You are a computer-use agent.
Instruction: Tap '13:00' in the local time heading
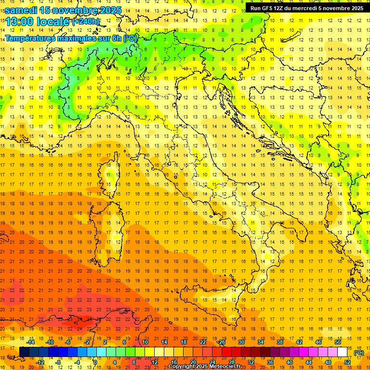(x=19, y=21)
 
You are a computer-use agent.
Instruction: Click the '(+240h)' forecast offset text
(x=86, y=21)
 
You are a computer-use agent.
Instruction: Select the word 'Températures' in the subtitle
(x=30, y=38)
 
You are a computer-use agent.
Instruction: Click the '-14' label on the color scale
(x=30, y=342)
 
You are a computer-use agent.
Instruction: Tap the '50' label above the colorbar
(x=338, y=342)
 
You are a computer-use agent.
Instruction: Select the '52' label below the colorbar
(x=347, y=362)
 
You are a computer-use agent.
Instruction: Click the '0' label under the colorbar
(x=95, y=362)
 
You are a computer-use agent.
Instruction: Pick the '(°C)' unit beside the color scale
(x=358, y=352)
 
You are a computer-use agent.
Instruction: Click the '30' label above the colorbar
(x=241, y=342)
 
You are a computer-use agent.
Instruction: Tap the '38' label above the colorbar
(x=280, y=342)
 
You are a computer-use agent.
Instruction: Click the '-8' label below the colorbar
(x=58, y=362)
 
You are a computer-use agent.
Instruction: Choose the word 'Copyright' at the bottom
(x=182, y=367)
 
